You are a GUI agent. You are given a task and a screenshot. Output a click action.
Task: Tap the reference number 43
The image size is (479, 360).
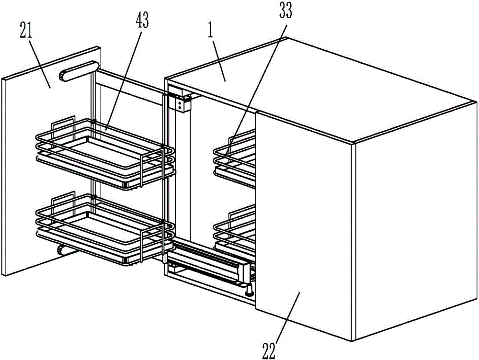tap(142, 19)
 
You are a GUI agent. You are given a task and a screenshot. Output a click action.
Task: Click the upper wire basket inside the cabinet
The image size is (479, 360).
tap(235, 156)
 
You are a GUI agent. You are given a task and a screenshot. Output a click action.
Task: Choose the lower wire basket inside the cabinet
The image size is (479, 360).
tap(235, 230)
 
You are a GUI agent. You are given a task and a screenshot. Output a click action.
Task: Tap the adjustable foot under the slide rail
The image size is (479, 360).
tap(249, 289)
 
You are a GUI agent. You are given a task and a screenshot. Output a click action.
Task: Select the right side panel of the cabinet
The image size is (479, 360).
tap(414, 230)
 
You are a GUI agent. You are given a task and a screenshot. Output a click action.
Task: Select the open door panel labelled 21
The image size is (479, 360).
tap(29, 158)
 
